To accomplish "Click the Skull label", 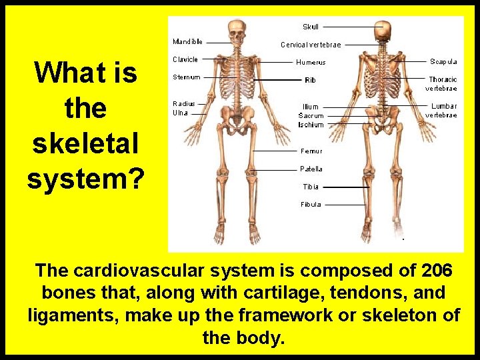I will tap(311, 27).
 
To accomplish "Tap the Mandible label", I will tap(187, 41).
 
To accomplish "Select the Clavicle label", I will tap(185, 59).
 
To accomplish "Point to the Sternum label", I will tap(186, 77).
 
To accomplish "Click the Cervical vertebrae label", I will tap(311, 45).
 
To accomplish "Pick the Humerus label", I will tap(311, 63).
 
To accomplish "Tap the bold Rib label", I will tap(311, 80).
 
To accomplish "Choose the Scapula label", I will tap(443, 62).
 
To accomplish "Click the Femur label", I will tap(311, 151).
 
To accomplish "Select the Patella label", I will tap(311, 169).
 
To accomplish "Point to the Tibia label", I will tap(311, 187).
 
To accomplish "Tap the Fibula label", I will tap(311, 205).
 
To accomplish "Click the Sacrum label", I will tap(311, 115).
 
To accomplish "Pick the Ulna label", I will tap(180, 113).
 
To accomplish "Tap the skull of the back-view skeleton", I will tap(383, 30).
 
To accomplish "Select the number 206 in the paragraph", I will tap(437, 271).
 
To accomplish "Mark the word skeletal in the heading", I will tap(85, 143).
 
